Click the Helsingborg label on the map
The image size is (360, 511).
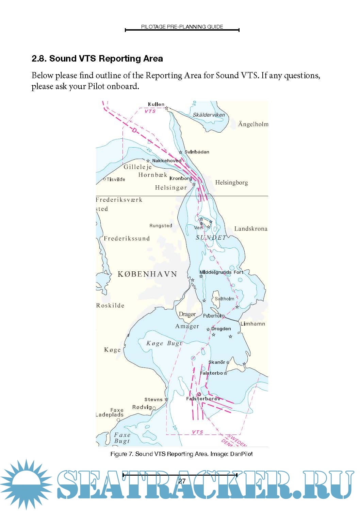(x=231, y=183)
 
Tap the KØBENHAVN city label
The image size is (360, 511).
(x=147, y=274)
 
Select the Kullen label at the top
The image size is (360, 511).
(x=156, y=104)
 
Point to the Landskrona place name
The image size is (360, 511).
(x=251, y=229)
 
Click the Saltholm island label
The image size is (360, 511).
(x=224, y=299)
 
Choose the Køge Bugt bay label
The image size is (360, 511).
(x=164, y=343)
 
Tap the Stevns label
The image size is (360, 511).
(x=153, y=399)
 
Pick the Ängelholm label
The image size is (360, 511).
(x=253, y=124)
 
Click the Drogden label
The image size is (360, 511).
(x=221, y=329)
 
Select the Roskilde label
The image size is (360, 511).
(x=110, y=305)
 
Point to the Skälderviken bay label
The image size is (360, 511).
(x=209, y=115)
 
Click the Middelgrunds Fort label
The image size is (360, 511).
(x=221, y=272)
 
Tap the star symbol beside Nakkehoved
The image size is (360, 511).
(x=148, y=161)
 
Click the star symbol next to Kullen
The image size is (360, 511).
(x=167, y=108)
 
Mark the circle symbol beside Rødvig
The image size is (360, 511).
(x=154, y=408)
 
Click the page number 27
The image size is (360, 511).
(x=182, y=481)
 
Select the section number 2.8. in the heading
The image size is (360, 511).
(x=39, y=59)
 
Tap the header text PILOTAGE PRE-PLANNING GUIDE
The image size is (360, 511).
(x=182, y=27)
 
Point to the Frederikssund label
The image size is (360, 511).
(x=127, y=239)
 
